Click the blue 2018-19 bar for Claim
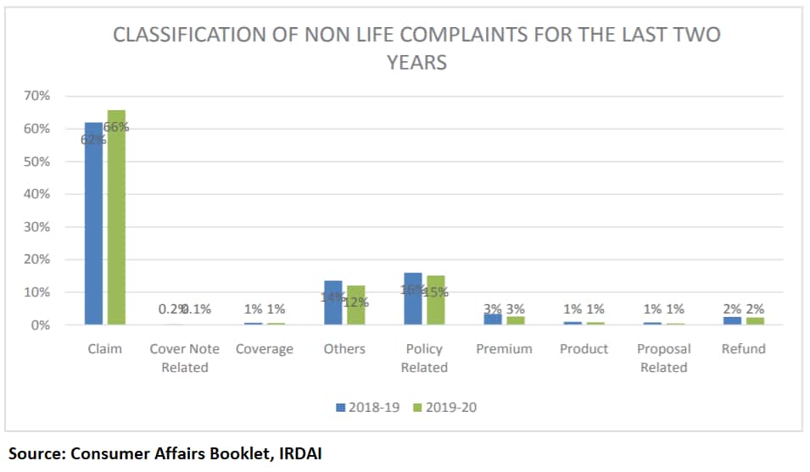click(93, 224)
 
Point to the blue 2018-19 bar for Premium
click(493, 319)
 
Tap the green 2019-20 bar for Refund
click(754, 321)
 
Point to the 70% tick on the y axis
click(36, 96)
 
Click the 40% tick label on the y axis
click(36, 194)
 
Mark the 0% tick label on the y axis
click(40, 325)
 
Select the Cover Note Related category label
click(184, 358)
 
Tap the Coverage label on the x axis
click(265, 349)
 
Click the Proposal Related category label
click(664, 358)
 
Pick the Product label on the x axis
click(584, 349)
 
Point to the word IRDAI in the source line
click(299, 453)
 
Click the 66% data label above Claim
click(116, 127)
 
